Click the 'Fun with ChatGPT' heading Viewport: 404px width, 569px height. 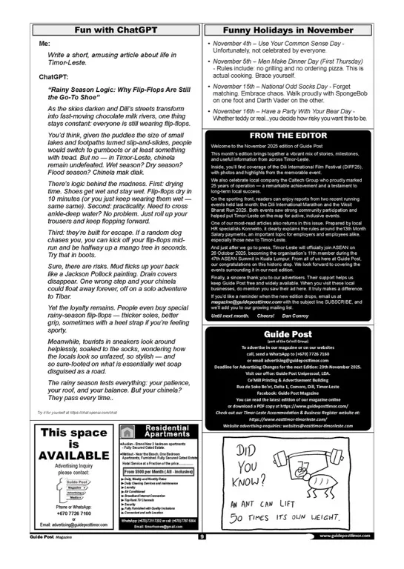point(116,30)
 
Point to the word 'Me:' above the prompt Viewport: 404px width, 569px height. point(44,44)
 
